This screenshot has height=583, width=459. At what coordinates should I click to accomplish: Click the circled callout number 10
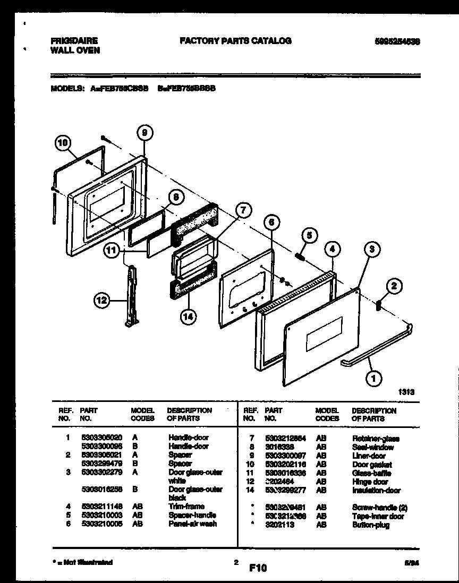point(63,142)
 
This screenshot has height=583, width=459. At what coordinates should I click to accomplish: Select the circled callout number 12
point(101,301)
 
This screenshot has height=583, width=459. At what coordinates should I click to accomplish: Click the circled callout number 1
point(373,379)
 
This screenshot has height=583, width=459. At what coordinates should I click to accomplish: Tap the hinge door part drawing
point(131,297)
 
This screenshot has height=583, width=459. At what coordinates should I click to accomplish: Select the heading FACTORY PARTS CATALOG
point(235,41)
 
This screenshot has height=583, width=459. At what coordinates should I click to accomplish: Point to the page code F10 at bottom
point(258,568)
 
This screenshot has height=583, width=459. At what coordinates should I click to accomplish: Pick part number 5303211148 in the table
point(98,507)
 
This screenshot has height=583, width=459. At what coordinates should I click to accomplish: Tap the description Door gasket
point(372,465)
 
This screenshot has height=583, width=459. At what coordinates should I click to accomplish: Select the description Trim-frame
point(186,507)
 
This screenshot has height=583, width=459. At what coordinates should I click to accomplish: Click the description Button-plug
point(370,525)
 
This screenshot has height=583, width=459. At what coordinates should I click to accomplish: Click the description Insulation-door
point(376,490)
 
